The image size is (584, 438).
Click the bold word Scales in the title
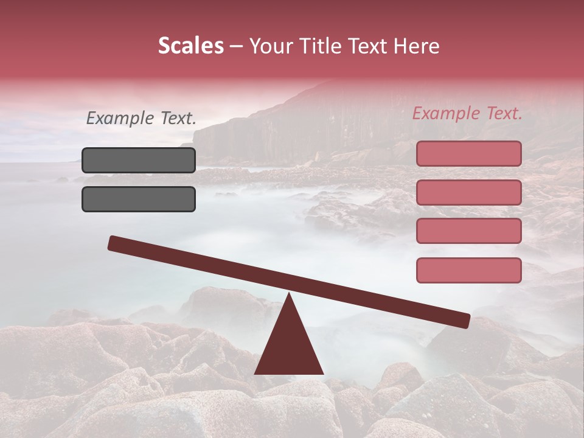[x=190, y=46]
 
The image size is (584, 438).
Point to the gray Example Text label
[x=141, y=119]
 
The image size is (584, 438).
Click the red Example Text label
[x=467, y=113]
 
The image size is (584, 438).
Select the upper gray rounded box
[x=139, y=160]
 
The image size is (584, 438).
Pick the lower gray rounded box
[x=139, y=199]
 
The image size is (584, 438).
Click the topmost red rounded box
[x=468, y=153]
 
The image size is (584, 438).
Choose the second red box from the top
[x=468, y=192]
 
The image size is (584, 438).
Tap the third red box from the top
[x=468, y=231]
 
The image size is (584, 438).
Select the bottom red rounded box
[x=468, y=270]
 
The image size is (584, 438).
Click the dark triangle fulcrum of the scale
[x=289, y=347]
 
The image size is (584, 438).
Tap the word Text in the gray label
[x=177, y=119]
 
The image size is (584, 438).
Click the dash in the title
[x=237, y=47]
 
